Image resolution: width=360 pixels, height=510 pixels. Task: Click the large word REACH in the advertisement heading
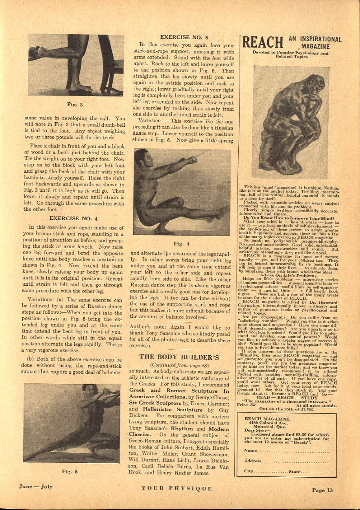[x=263, y=42]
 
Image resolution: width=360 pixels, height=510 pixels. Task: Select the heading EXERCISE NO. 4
[x=73, y=218]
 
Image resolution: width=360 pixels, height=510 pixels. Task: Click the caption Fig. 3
[x=75, y=105]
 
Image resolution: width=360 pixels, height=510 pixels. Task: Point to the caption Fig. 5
[x=70, y=472]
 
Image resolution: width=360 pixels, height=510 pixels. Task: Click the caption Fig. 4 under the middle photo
[x=181, y=243]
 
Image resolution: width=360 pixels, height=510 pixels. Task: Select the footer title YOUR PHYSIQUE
[x=176, y=488]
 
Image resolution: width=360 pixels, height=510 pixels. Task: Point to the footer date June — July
[x=36, y=486]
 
